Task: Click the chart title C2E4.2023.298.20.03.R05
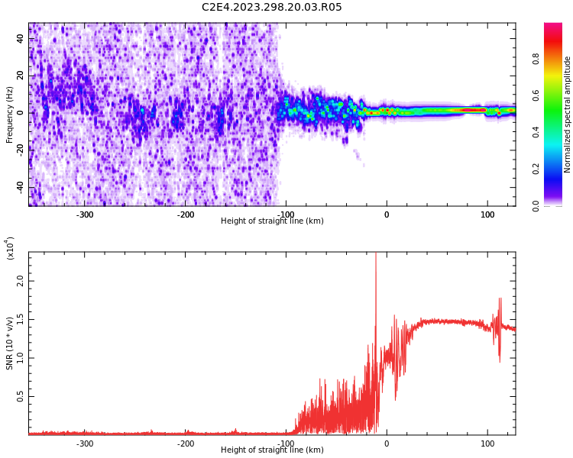point(271,8)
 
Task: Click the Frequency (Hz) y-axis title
point(10,114)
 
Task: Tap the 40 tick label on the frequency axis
point(21,38)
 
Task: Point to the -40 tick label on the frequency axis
point(21,187)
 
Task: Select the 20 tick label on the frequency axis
point(21,76)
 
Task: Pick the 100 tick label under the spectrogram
point(487,214)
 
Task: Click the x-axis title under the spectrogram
point(272,221)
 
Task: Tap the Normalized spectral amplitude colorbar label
point(568,114)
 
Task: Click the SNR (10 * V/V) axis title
point(10,343)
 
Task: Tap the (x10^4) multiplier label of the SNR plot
point(11,248)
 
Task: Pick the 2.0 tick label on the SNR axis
point(21,280)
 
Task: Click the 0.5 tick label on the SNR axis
point(21,396)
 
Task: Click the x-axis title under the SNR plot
point(272,450)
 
